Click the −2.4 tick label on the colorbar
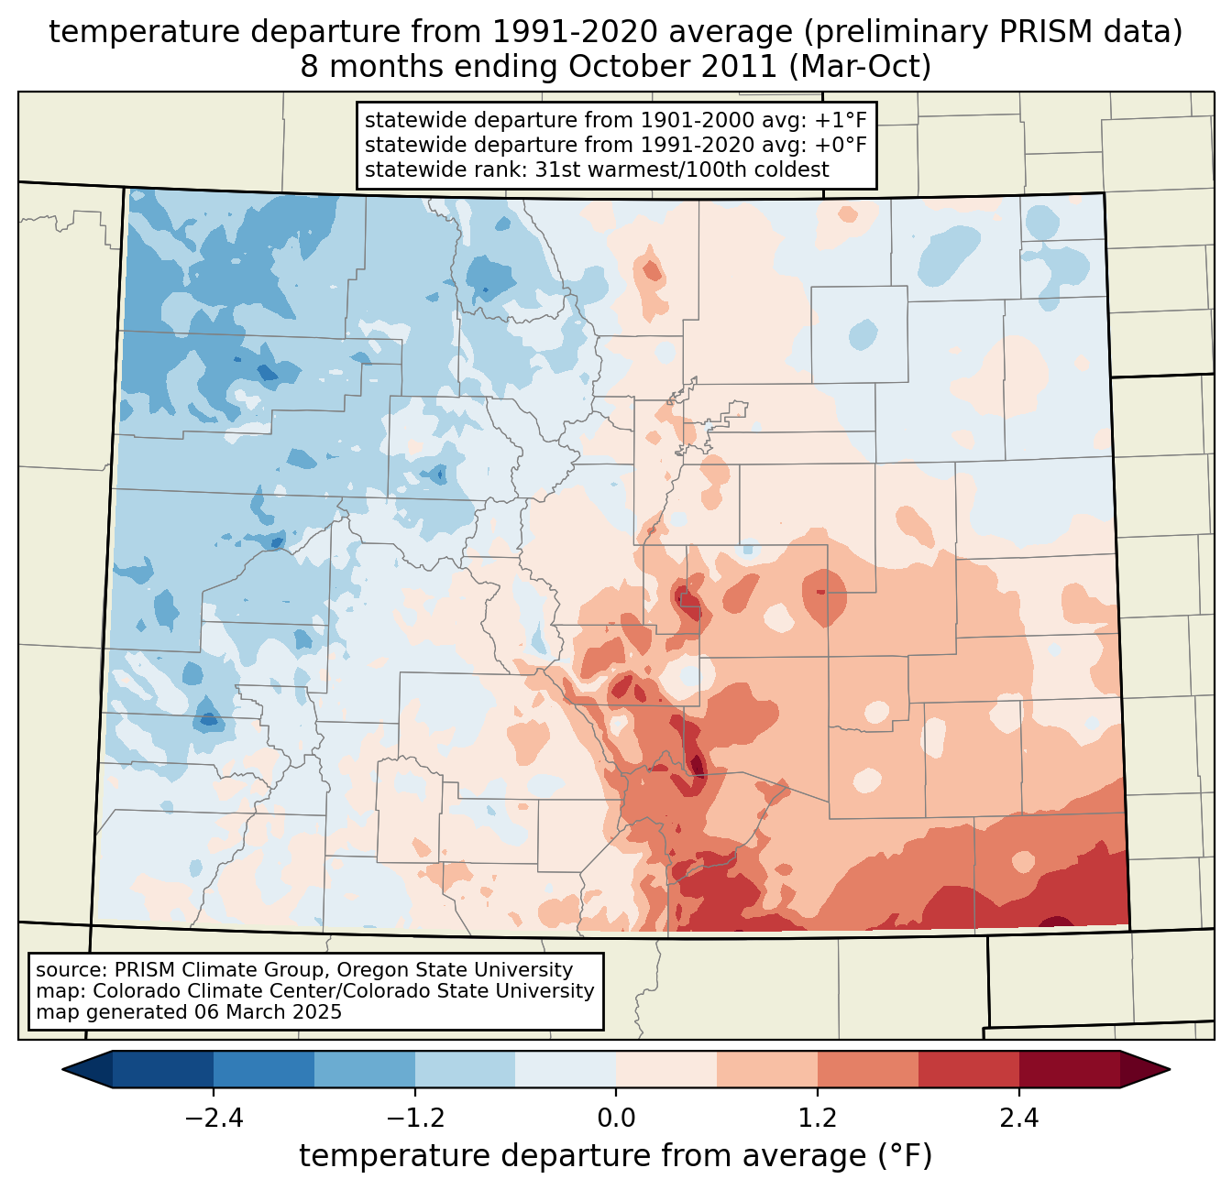(213, 1119)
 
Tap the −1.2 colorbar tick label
(414, 1119)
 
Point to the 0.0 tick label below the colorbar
(616, 1119)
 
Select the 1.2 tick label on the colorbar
(818, 1119)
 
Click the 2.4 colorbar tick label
(1019, 1119)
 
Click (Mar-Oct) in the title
(861, 67)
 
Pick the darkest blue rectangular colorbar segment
(163, 1069)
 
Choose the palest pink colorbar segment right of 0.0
(666, 1069)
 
